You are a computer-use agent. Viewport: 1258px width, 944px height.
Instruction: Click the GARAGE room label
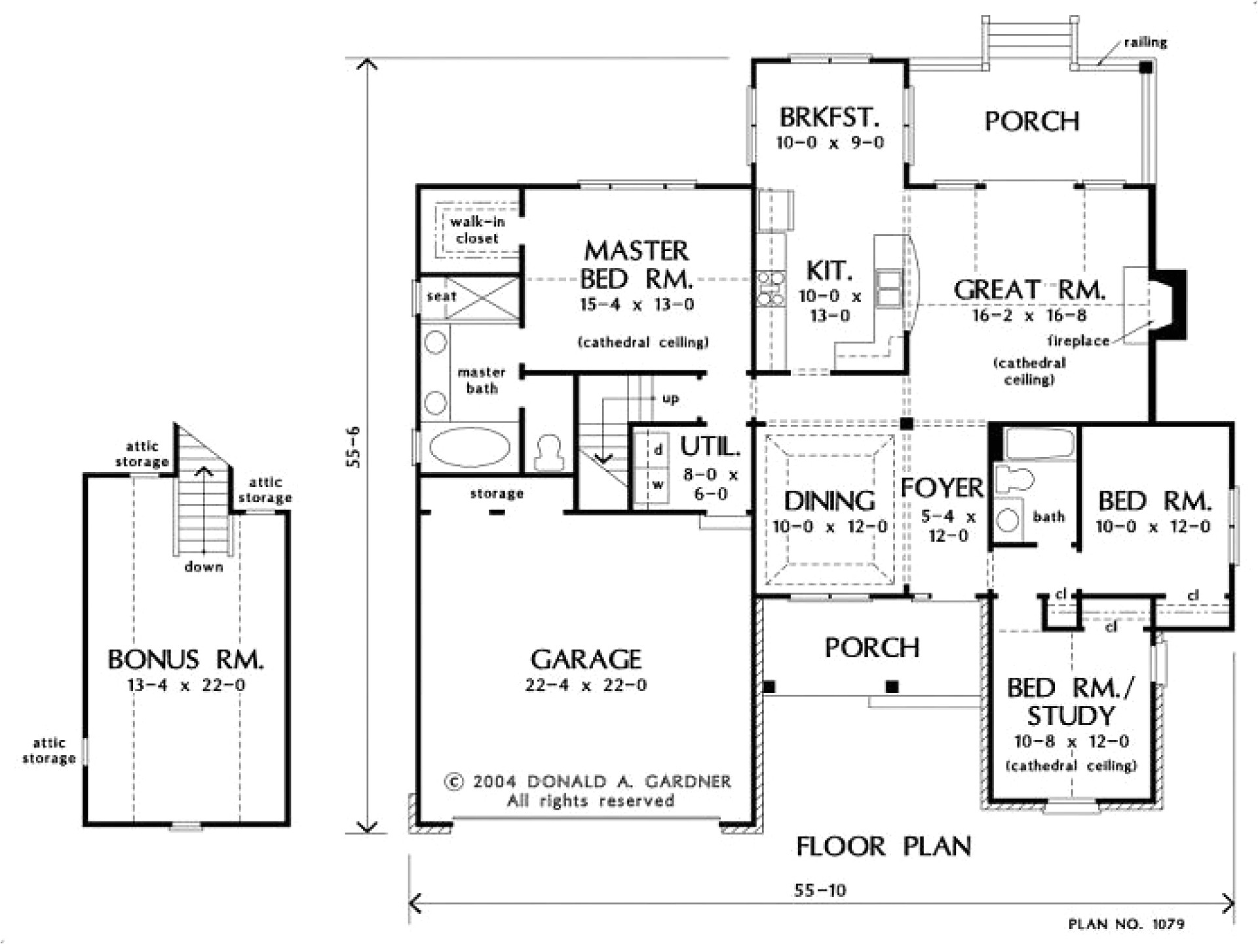(586, 659)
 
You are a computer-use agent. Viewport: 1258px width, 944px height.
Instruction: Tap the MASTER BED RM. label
(636, 265)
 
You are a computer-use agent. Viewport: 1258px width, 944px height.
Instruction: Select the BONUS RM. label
(186, 659)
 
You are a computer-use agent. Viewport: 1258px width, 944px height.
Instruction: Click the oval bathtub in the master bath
(469, 447)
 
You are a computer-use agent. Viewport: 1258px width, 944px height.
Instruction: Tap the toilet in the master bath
(548, 452)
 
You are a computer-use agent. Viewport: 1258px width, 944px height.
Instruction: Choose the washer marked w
(657, 486)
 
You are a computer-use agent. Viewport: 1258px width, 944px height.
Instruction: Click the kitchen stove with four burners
(771, 288)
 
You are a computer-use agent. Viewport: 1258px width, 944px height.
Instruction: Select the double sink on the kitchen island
(889, 289)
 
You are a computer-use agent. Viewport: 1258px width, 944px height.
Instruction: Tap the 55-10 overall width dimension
(820, 890)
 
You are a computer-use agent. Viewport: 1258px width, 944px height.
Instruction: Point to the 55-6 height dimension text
(354, 446)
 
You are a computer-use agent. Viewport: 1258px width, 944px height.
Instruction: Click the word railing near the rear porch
(1145, 43)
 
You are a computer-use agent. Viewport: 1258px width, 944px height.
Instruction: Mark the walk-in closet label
(477, 230)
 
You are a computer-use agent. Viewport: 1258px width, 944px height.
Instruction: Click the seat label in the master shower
(441, 296)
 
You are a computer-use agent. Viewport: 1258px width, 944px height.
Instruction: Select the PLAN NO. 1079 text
(1126, 924)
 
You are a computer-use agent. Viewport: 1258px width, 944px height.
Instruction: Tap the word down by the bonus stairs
(204, 567)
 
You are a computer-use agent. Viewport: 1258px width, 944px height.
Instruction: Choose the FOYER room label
(942, 488)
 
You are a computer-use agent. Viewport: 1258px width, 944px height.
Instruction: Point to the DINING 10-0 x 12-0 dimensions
(829, 526)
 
